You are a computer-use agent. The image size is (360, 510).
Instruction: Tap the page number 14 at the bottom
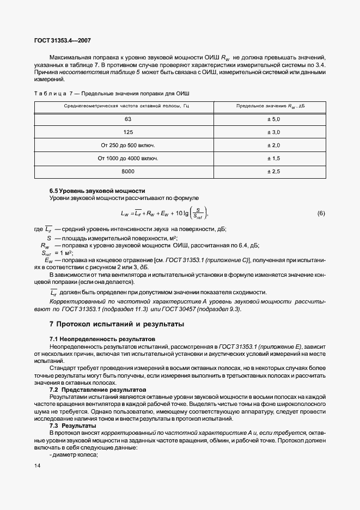point(37,466)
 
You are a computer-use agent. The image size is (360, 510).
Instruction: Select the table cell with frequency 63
point(128,119)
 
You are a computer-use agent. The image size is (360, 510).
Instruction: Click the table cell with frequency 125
point(128,132)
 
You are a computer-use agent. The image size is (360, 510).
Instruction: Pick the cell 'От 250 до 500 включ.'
point(128,145)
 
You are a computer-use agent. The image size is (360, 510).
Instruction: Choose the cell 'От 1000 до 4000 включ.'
point(128,159)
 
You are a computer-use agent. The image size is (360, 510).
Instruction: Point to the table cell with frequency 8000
point(128,172)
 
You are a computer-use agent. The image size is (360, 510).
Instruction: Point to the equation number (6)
point(321,213)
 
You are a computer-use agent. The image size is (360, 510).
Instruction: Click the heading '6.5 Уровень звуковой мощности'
point(97,191)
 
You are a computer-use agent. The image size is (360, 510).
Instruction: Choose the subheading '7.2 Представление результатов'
point(98,390)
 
